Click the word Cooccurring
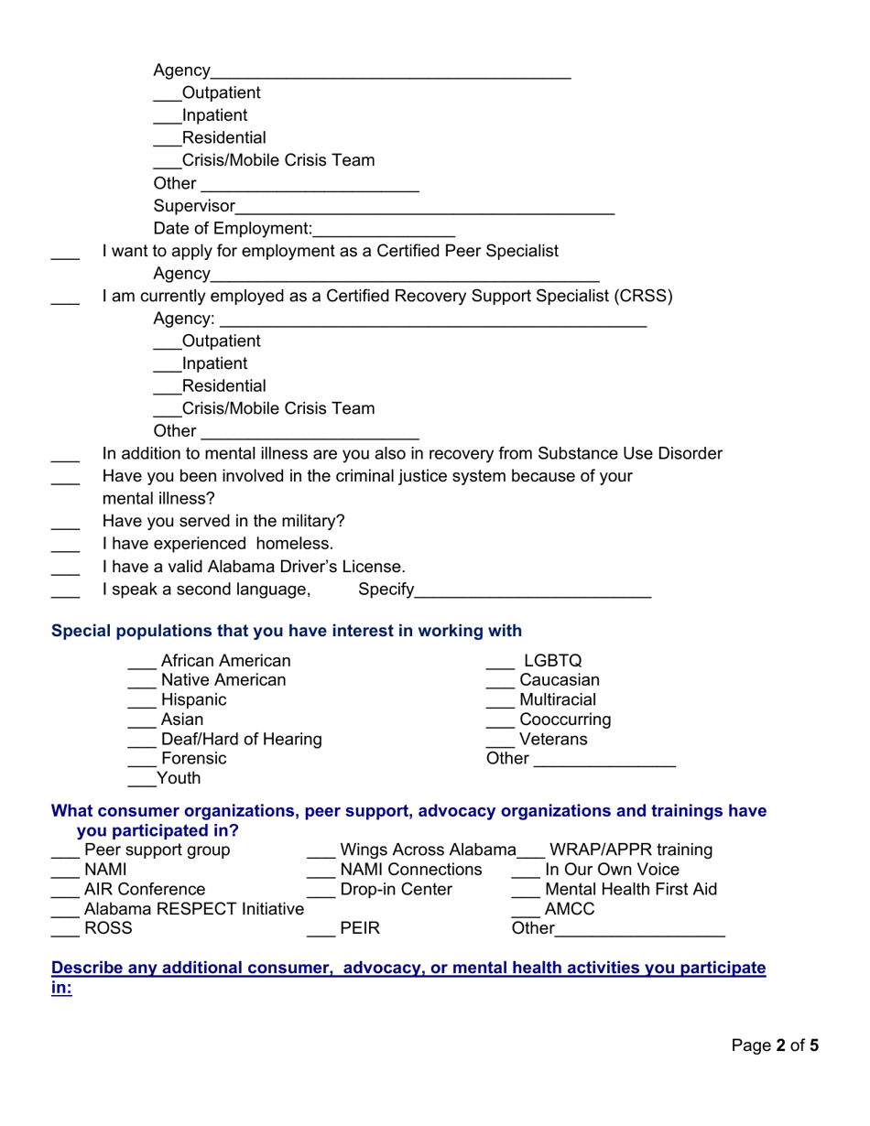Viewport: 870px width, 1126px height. coord(565,720)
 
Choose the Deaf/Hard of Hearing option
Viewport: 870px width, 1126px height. coord(241,739)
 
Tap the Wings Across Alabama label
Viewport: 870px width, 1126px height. coord(428,850)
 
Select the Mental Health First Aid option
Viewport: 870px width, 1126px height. coord(631,889)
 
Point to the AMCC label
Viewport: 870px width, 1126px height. coord(570,909)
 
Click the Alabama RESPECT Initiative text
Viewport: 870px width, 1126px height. coord(193,909)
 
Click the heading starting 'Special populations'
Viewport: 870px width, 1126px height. coord(287,631)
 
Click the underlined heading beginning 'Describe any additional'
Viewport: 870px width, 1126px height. coord(408,968)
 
